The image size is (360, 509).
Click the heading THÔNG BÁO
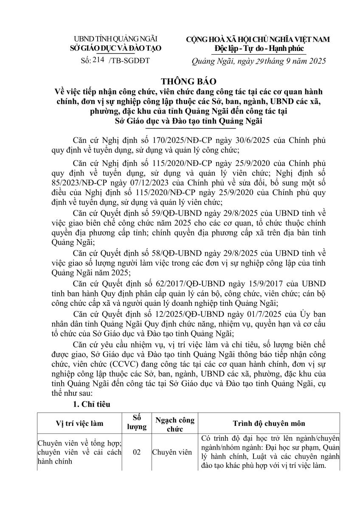(x=180, y=81)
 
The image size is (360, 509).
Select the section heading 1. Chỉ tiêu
(x=91, y=404)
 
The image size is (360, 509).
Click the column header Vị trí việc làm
(x=79, y=423)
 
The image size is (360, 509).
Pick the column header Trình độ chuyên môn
(x=268, y=423)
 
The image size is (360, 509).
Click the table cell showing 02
(x=137, y=452)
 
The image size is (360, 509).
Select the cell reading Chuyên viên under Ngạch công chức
(x=173, y=452)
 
